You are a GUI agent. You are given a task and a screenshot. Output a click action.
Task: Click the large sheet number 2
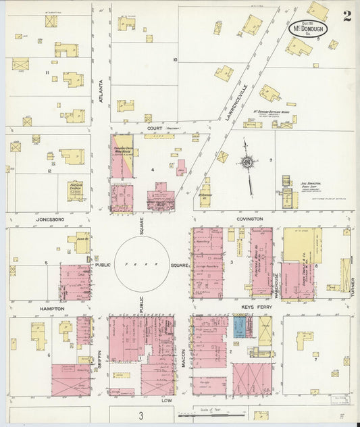click(x=346, y=16)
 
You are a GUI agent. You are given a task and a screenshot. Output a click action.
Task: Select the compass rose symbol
click(x=248, y=162)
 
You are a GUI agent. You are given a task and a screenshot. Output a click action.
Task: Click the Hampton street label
click(x=52, y=308)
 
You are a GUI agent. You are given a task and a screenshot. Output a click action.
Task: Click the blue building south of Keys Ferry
click(x=240, y=327)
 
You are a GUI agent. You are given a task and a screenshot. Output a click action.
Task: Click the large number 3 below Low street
click(x=141, y=414)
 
